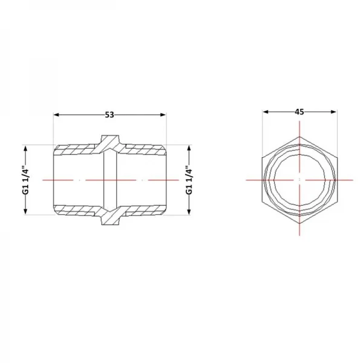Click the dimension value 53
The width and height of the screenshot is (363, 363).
(x=110, y=115)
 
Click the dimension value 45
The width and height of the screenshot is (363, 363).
(x=299, y=112)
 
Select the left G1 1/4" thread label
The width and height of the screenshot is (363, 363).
(x=27, y=180)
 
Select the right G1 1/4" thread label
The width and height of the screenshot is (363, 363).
(x=189, y=180)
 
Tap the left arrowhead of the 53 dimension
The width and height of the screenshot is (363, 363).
(x=56, y=115)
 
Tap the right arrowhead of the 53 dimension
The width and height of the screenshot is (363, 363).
(x=163, y=115)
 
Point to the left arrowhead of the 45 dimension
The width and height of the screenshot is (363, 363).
(x=266, y=112)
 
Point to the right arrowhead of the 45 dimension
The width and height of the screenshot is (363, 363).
(x=333, y=112)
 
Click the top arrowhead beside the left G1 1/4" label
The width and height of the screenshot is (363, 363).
(x=25, y=148)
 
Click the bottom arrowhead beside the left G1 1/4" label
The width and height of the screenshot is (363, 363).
(x=25, y=212)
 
